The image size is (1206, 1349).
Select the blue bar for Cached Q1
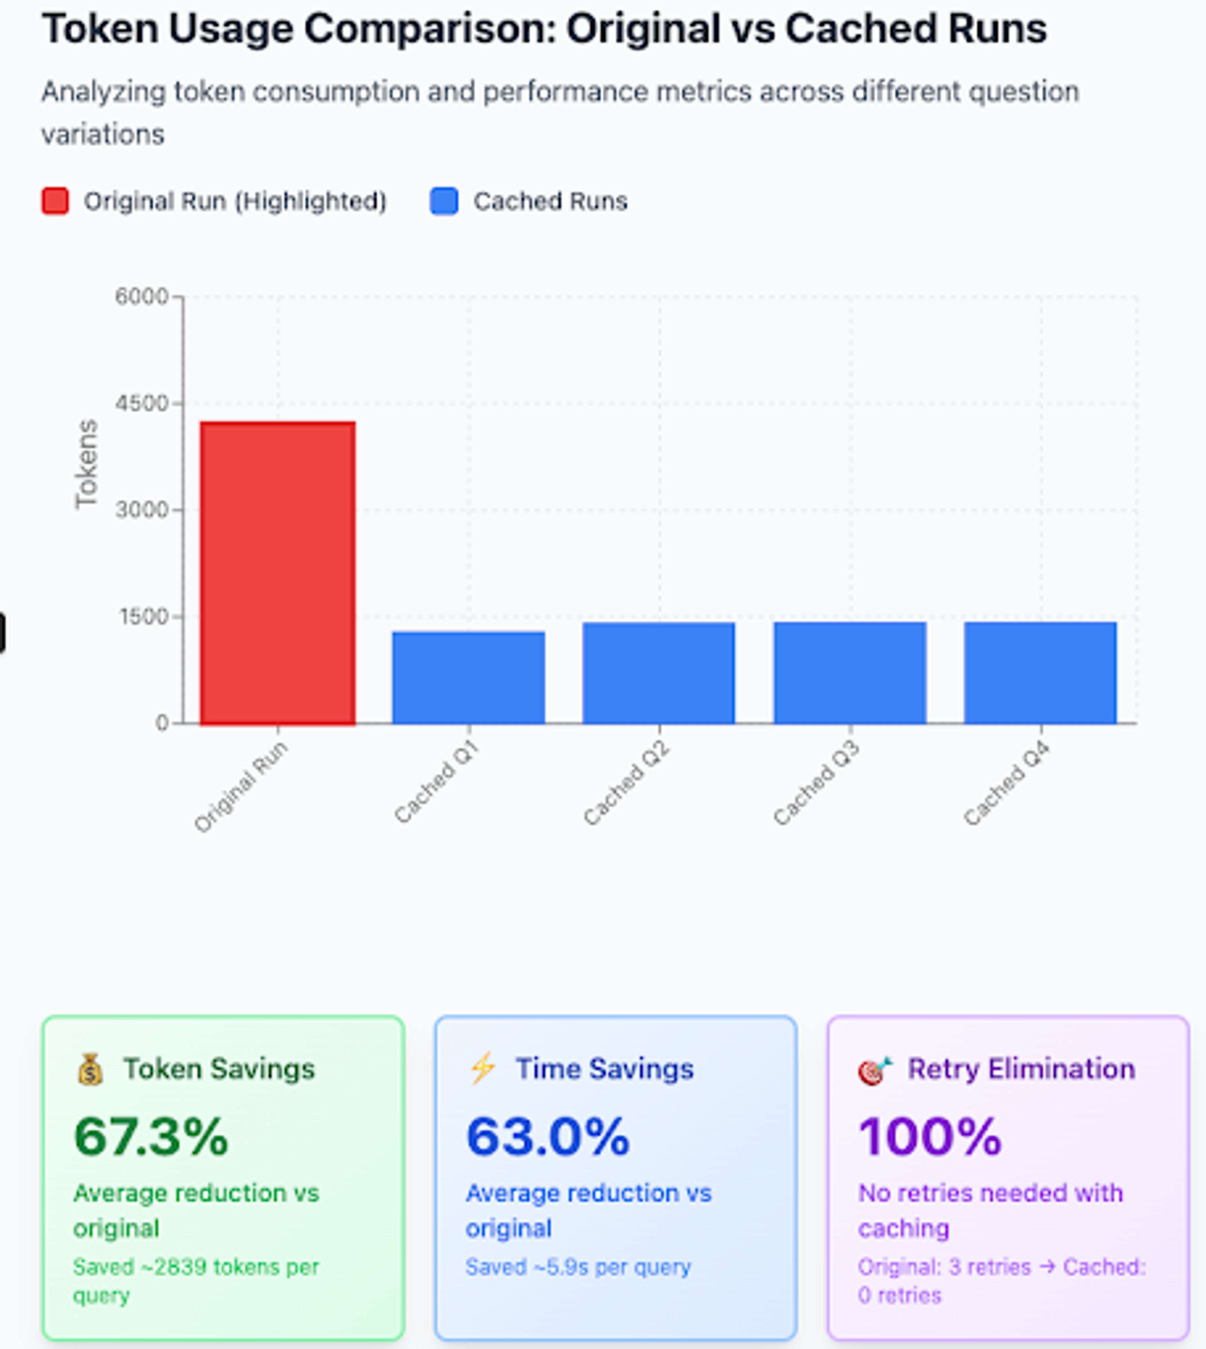(x=469, y=677)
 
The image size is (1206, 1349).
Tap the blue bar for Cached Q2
(x=659, y=673)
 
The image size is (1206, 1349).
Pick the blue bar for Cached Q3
(x=850, y=673)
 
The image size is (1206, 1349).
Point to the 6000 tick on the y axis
(x=142, y=296)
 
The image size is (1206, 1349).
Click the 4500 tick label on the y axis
(x=142, y=403)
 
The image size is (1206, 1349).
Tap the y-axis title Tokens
(x=86, y=464)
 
